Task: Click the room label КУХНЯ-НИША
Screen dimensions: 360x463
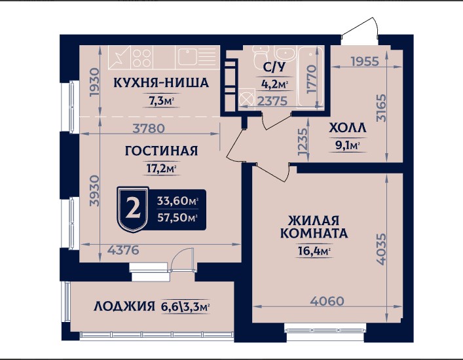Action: click(160, 83)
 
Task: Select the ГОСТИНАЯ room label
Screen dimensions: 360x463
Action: click(161, 151)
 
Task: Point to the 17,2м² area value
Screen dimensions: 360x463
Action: click(161, 169)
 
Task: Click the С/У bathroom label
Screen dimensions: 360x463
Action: click(274, 67)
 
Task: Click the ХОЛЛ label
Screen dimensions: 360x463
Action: click(347, 129)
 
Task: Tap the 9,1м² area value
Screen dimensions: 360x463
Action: click(348, 146)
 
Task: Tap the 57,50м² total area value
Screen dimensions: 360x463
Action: click(177, 217)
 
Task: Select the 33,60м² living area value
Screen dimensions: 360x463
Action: click(177, 200)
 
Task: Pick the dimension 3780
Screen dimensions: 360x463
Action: click(148, 128)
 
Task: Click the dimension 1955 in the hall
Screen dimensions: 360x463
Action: click(365, 62)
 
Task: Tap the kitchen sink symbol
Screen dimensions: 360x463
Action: click(191, 56)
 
